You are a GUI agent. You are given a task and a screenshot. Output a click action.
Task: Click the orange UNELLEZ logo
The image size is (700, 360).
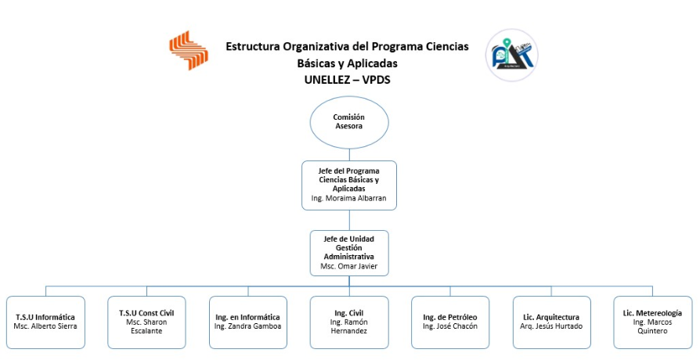pos(189,50)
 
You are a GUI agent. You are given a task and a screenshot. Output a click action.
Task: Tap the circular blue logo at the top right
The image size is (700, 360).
pos(511,56)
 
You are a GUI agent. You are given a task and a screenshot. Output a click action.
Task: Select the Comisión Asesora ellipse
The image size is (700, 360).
pos(349,122)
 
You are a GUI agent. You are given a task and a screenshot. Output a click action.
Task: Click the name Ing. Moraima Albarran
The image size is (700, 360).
pos(348,198)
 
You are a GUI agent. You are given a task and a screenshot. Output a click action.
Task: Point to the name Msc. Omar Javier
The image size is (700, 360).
pos(348,266)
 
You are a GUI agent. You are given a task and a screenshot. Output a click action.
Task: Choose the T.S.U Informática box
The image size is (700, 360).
pos(45,322)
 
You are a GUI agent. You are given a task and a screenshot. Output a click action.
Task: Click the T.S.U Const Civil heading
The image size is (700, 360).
pos(146,313)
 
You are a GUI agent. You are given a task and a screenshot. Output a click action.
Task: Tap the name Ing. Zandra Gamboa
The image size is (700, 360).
pos(247,326)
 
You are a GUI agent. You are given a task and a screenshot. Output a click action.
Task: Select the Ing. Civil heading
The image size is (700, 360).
pos(349,313)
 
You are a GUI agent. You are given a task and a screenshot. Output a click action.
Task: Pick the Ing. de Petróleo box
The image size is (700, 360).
pos(450,322)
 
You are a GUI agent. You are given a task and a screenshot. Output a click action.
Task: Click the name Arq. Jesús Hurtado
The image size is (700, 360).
pos(551,326)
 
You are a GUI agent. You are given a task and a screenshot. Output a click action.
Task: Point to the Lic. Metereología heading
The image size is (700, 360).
pos(652,313)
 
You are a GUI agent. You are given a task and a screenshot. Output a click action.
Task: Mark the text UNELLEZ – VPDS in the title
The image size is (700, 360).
pos(348,79)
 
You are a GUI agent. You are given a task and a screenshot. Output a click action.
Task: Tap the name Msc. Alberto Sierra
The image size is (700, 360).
pos(45,326)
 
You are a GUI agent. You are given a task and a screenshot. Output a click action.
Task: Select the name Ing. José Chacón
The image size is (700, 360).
pos(450,326)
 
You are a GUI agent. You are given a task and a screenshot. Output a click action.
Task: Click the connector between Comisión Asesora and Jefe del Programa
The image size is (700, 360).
pos(349,155)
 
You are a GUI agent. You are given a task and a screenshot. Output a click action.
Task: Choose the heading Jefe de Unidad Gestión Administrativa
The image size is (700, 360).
pos(348,248)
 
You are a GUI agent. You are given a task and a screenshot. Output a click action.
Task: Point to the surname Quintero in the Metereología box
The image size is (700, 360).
pos(652,331)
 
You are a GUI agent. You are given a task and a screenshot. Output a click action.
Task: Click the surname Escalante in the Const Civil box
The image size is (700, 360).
pos(146,331)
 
